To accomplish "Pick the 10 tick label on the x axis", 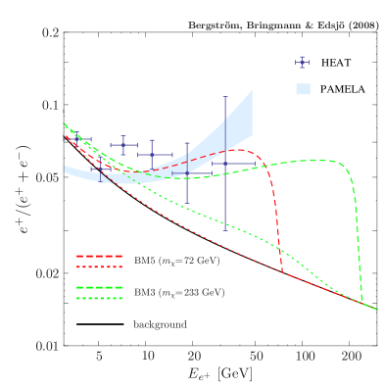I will click(x=148, y=359).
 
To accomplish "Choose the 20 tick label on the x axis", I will click(x=194, y=359).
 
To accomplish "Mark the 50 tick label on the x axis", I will click(x=256, y=359).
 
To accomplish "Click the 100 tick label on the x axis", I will click(x=304, y=359).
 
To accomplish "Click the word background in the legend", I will click(x=160, y=323).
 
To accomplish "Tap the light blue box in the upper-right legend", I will click(x=303, y=89).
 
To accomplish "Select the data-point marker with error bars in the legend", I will click(x=303, y=62).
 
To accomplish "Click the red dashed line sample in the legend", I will click(x=98, y=256).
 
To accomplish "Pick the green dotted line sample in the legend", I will click(x=98, y=297).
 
